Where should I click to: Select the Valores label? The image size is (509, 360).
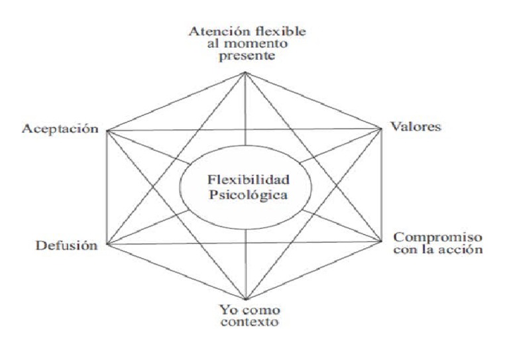click(415, 127)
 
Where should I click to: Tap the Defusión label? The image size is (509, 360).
click(66, 245)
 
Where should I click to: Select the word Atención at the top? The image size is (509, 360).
click(213, 30)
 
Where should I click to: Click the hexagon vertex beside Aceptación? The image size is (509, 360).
click(107, 130)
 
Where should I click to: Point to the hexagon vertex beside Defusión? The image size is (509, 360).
click(107, 245)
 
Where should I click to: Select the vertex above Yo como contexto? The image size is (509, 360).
click(245, 300)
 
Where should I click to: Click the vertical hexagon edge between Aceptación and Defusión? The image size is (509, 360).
click(107, 187)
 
